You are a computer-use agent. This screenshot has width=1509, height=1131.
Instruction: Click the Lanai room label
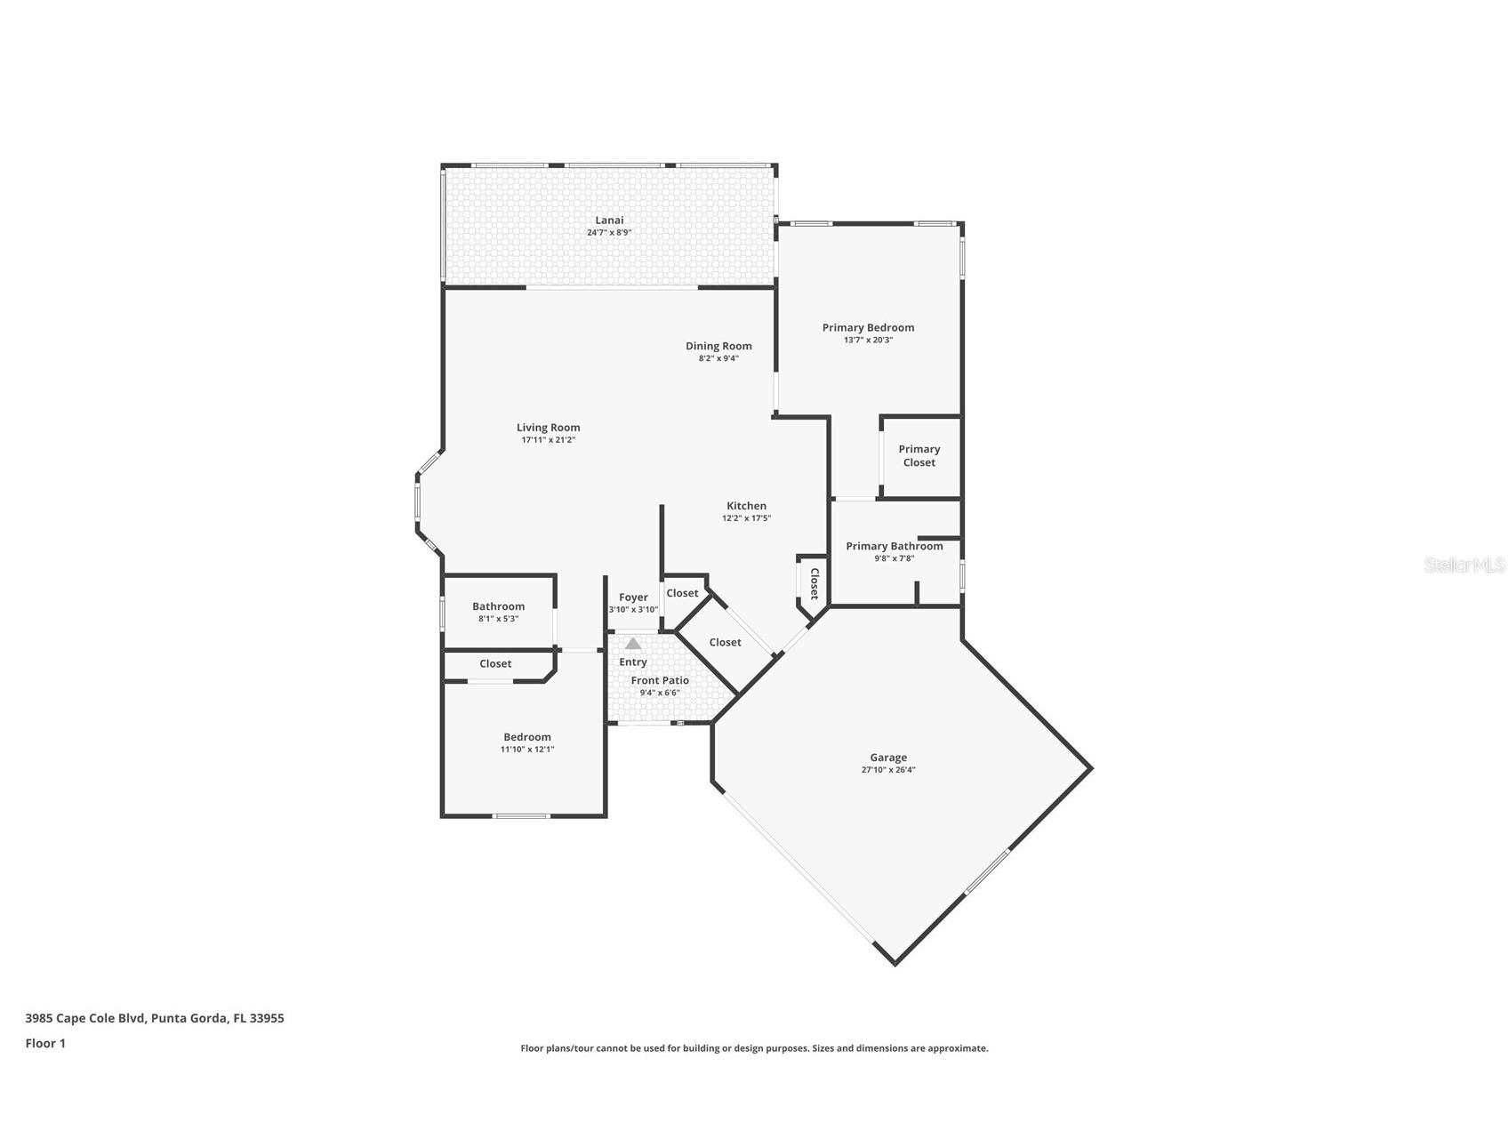tap(609, 220)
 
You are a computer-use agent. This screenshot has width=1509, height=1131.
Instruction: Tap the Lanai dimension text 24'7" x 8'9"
tap(609, 233)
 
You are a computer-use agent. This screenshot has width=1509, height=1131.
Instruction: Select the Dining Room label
tap(718, 346)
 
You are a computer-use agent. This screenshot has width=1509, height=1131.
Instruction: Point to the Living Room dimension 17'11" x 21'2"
tap(549, 440)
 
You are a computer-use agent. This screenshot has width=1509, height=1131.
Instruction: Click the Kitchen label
tap(746, 506)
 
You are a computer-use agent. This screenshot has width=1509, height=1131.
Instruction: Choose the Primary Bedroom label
tap(868, 327)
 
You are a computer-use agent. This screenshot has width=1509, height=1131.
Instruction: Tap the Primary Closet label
tap(919, 455)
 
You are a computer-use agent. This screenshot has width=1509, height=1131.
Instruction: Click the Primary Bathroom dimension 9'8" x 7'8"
tap(894, 559)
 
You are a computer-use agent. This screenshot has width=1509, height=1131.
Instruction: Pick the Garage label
tap(888, 758)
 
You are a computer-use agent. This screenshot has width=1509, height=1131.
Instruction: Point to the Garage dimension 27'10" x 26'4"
tap(888, 770)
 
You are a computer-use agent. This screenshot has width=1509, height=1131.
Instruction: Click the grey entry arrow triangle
tap(632, 643)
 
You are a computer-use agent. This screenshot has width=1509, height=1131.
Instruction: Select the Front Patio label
tap(660, 680)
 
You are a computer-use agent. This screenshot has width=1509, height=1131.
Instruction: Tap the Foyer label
tap(633, 598)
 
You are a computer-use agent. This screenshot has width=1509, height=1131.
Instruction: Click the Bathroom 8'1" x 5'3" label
tap(498, 606)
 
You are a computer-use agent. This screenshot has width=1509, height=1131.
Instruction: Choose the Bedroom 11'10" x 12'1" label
tap(527, 737)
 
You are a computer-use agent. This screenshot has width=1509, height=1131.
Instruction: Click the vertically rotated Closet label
tap(813, 584)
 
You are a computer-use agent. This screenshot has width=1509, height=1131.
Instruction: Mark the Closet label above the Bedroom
tap(495, 663)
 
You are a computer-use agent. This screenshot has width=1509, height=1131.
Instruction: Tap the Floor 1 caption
tap(45, 1043)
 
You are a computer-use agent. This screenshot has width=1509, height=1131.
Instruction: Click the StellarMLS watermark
tap(1464, 565)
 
